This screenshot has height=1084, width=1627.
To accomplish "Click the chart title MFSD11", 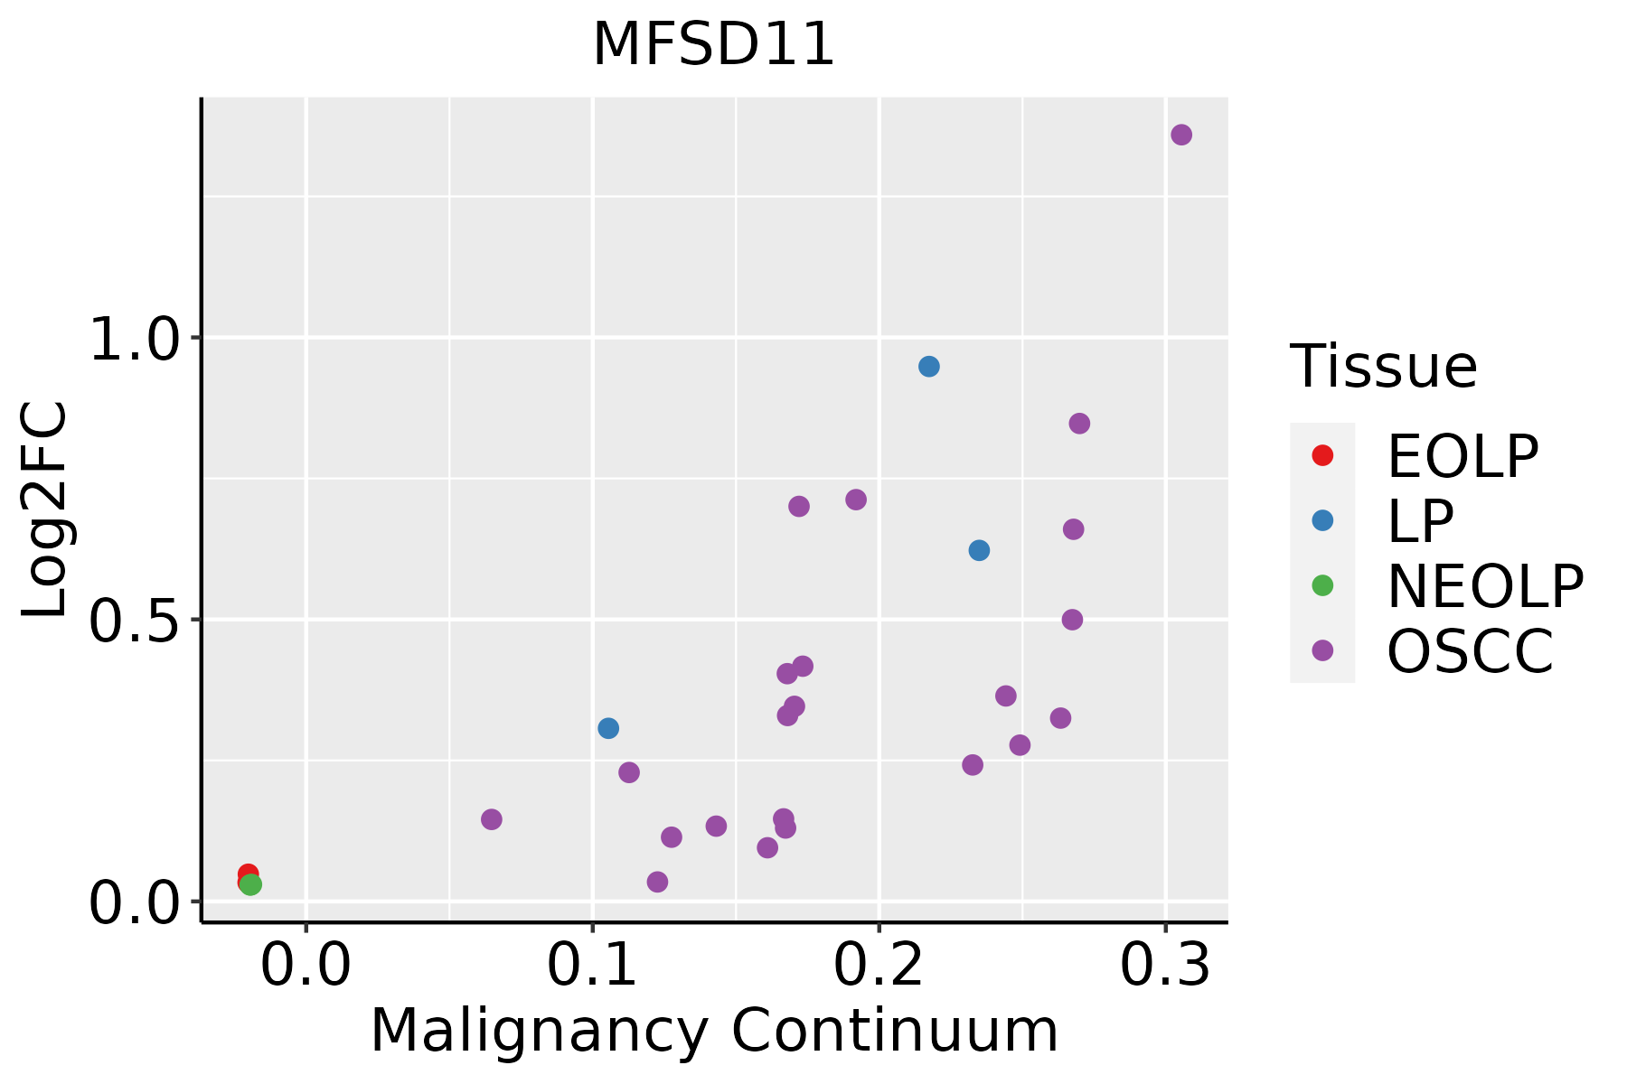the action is coord(713,44).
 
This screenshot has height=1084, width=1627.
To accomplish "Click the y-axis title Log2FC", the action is coord(45,509).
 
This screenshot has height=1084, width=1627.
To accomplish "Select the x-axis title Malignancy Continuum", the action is coord(714,1032).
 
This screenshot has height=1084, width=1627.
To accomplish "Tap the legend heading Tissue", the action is coord(1383,367).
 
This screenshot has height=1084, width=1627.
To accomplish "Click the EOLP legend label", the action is coord(1462,456).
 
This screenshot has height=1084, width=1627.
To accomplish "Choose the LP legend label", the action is coord(1420,520).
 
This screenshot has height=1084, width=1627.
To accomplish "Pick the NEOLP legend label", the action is coord(1485,586).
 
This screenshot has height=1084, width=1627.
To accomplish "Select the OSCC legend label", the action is coord(1471,651).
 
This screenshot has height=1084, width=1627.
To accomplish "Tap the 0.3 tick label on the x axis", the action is coord(1165,967).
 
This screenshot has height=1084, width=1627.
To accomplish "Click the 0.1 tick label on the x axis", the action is coord(592,967).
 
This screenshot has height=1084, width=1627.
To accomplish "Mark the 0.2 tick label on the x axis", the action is coord(879,967).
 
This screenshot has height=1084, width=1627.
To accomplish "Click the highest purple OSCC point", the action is coord(1181,135).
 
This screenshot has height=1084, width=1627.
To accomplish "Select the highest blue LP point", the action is coord(929,366).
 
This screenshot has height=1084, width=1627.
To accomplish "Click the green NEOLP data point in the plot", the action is coord(251,884).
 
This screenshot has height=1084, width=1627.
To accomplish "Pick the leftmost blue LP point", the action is coord(608,728).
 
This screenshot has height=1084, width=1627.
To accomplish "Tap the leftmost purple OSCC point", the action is coord(492,819).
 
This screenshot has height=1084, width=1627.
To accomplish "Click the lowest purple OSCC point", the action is coord(658,882).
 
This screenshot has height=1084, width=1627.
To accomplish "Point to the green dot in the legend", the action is coord(1322,585).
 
